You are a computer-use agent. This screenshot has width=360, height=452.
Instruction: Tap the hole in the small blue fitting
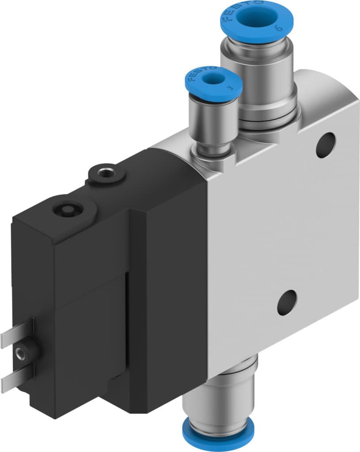[212, 79]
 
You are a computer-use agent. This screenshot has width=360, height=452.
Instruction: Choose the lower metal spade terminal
[11, 380]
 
